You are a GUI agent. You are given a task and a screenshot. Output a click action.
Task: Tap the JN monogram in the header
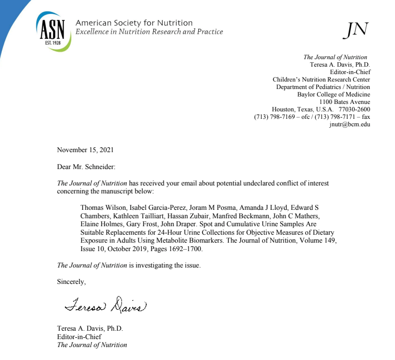(355, 30)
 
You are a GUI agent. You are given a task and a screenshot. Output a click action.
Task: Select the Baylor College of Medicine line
(333, 94)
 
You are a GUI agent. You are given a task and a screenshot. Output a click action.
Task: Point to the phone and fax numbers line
(312, 117)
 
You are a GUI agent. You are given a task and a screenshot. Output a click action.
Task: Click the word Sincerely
(71, 282)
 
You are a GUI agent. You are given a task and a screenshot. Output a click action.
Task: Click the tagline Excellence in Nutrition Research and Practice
(149, 32)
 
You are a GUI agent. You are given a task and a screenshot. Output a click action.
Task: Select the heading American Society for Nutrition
(134, 23)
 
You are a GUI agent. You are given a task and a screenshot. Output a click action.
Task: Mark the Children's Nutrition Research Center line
(321, 80)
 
